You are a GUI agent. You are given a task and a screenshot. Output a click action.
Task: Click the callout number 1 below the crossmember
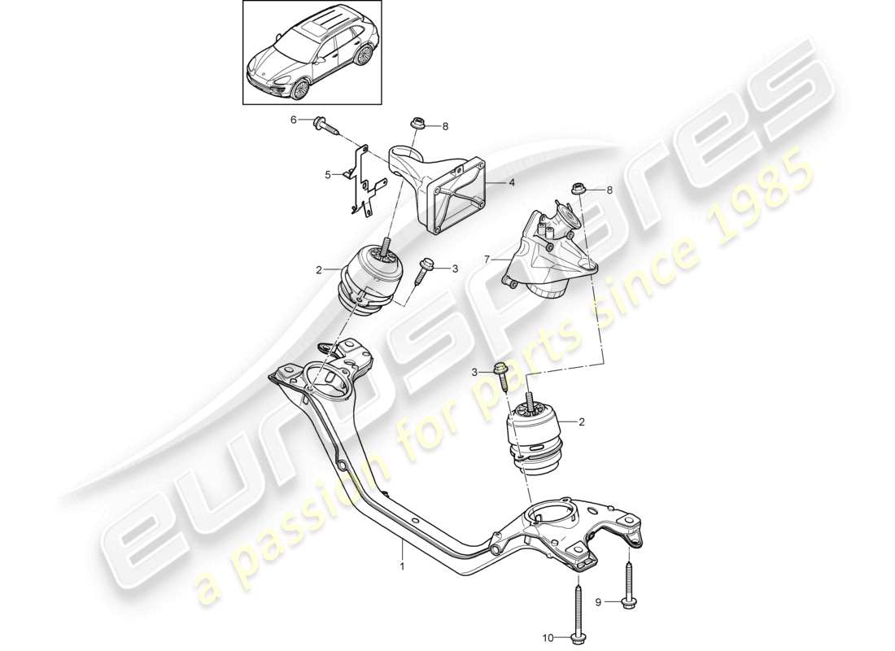click(x=400, y=561)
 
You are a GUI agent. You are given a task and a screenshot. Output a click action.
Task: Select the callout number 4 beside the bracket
click(x=511, y=183)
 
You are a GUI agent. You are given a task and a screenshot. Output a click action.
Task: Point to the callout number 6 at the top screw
click(x=294, y=120)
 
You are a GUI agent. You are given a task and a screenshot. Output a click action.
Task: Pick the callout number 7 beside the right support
click(x=487, y=260)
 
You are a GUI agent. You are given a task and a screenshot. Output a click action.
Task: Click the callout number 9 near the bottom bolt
click(x=599, y=603)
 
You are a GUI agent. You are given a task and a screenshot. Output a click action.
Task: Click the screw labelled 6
click(x=322, y=125)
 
